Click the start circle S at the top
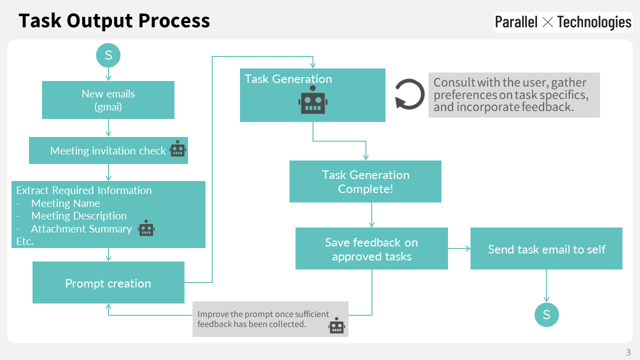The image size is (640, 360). tap(108, 55)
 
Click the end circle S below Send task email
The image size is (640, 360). tap(546, 314)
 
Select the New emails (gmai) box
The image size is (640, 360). tap(108, 100)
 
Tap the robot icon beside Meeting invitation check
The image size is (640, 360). tap(178, 149)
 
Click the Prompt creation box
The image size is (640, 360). tap(108, 283)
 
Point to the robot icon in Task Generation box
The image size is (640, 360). tap(313, 99)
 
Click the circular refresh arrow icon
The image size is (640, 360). tap(409, 93)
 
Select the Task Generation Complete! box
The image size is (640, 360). tap(365, 181)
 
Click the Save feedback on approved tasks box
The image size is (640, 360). tap(371, 249)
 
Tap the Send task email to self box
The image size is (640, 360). tap(546, 249)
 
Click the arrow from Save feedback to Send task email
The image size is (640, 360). tap(459, 248)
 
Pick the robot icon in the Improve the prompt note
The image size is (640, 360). tap(336, 325)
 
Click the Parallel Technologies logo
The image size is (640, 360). tap(563, 22)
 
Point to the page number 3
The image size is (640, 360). tap(628, 351)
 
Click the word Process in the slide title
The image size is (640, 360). tap(174, 21)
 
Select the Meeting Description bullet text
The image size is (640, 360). tap(78, 216)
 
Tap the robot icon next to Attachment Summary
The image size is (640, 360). tap(146, 228)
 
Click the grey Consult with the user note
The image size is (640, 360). tap(514, 95)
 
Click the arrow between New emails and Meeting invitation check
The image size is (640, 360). tap(108, 128)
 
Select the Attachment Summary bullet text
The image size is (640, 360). tap(81, 229)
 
